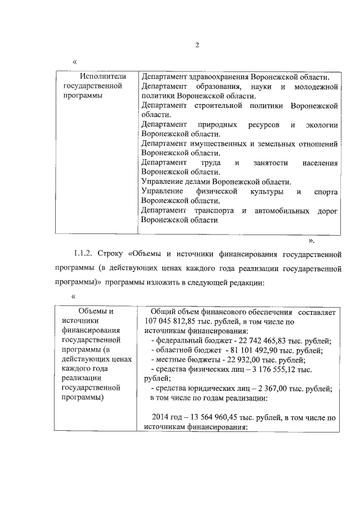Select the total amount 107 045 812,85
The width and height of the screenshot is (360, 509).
coord(163,321)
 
